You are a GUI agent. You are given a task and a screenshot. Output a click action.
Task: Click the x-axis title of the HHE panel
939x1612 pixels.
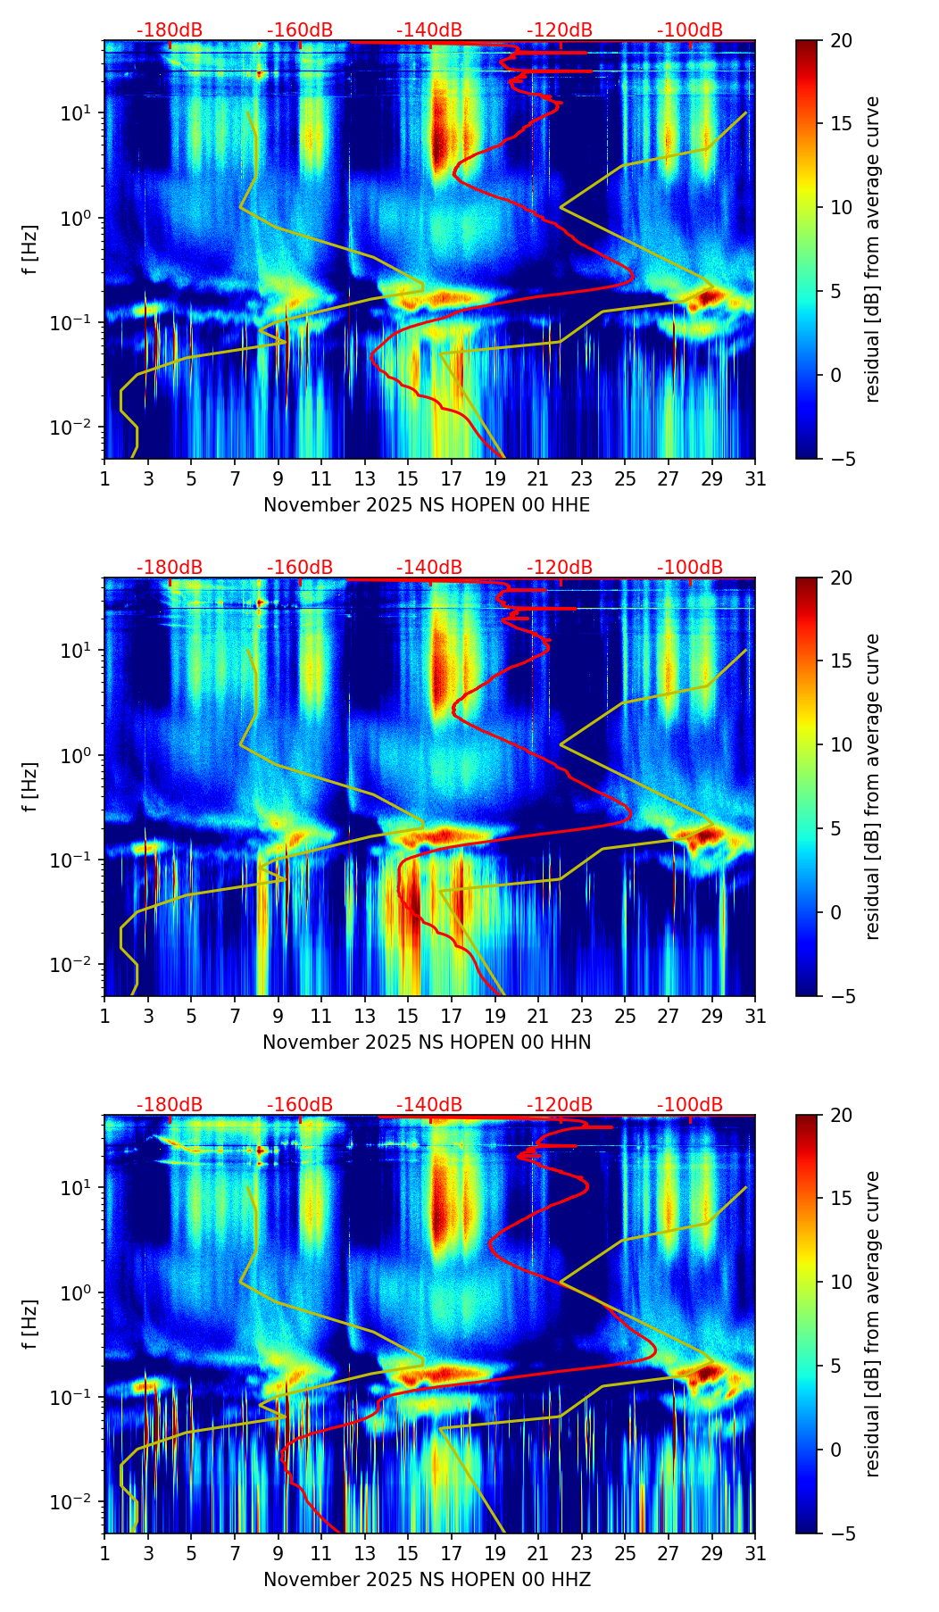click(427, 505)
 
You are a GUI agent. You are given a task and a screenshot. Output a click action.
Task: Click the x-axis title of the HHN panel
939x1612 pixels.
click(427, 1043)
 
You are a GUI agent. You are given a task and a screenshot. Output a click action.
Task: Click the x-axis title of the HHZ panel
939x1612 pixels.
click(427, 1580)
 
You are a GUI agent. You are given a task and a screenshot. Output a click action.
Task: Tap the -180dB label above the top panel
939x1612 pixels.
click(170, 30)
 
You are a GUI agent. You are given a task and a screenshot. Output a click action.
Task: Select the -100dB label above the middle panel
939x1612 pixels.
click(690, 568)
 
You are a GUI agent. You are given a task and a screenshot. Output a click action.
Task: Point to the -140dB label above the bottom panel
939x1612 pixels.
click(429, 1105)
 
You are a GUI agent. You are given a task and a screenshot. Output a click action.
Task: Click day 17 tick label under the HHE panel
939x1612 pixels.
click(452, 478)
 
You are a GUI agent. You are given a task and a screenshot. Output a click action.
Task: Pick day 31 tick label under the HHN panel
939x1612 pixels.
click(755, 1016)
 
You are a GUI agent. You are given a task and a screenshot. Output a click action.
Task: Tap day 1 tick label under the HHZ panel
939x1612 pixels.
click(105, 1553)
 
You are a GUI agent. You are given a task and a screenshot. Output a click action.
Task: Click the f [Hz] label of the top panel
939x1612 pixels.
click(31, 249)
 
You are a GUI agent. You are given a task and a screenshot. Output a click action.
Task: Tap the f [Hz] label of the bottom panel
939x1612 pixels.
click(31, 1324)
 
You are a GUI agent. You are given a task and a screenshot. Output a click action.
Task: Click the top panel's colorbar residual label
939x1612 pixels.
click(872, 249)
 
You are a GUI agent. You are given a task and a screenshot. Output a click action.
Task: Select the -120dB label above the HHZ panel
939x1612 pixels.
click(560, 1105)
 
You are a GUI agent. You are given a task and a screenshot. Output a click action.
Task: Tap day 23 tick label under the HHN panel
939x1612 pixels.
click(582, 1016)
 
